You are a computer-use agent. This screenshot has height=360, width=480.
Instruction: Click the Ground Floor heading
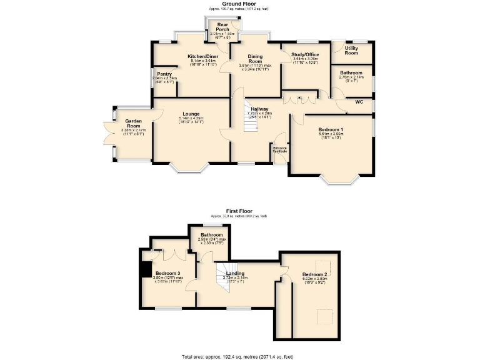[239, 4]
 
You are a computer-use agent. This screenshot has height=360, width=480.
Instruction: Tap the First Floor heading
[239, 211]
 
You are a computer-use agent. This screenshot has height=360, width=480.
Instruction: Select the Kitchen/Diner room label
[203, 56]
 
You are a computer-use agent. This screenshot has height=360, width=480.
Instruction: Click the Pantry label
[165, 74]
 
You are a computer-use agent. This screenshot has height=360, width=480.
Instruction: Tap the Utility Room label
[351, 50]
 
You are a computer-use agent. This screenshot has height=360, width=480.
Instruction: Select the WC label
[359, 102]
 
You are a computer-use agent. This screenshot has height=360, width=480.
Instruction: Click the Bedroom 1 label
[331, 129]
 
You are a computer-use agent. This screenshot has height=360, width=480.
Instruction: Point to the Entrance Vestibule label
[279, 149]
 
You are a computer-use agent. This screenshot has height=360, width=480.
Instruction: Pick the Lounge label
[191, 114]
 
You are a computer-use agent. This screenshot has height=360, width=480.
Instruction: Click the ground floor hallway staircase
[250, 124]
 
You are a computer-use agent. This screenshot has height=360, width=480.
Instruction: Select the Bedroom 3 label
[168, 274]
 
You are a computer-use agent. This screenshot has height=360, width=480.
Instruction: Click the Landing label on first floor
[235, 274]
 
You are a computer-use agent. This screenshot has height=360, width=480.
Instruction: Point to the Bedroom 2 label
[314, 274]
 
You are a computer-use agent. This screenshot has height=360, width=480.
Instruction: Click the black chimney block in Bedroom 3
[146, 269]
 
